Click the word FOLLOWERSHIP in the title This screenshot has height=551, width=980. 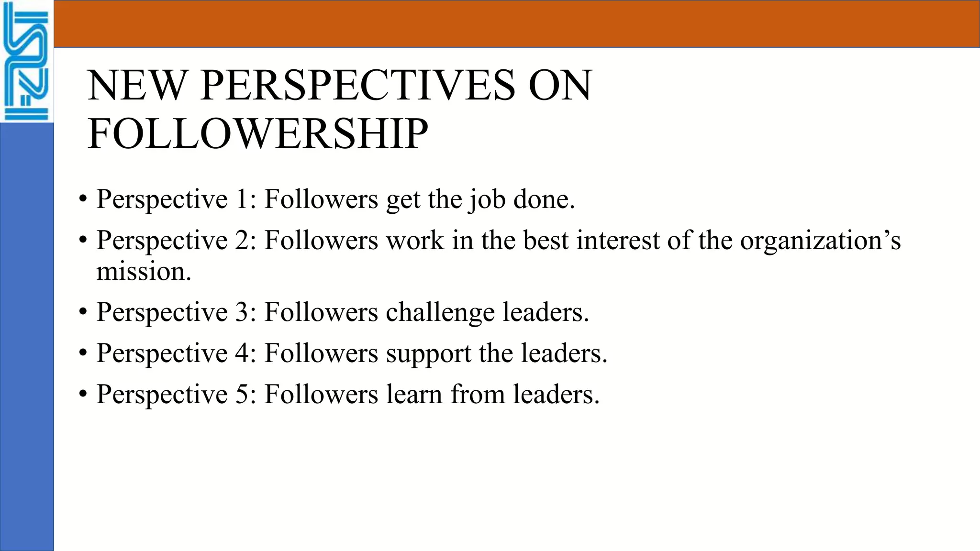click(258, 134)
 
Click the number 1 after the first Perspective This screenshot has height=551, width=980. click(242, 199)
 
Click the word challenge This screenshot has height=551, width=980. click(440, 313)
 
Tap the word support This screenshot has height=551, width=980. click(428, 354)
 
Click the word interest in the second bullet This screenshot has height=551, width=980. click(618, 240)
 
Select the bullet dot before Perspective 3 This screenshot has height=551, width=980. click(83, 312)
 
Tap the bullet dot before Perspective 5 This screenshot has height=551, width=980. click(83, 394)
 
